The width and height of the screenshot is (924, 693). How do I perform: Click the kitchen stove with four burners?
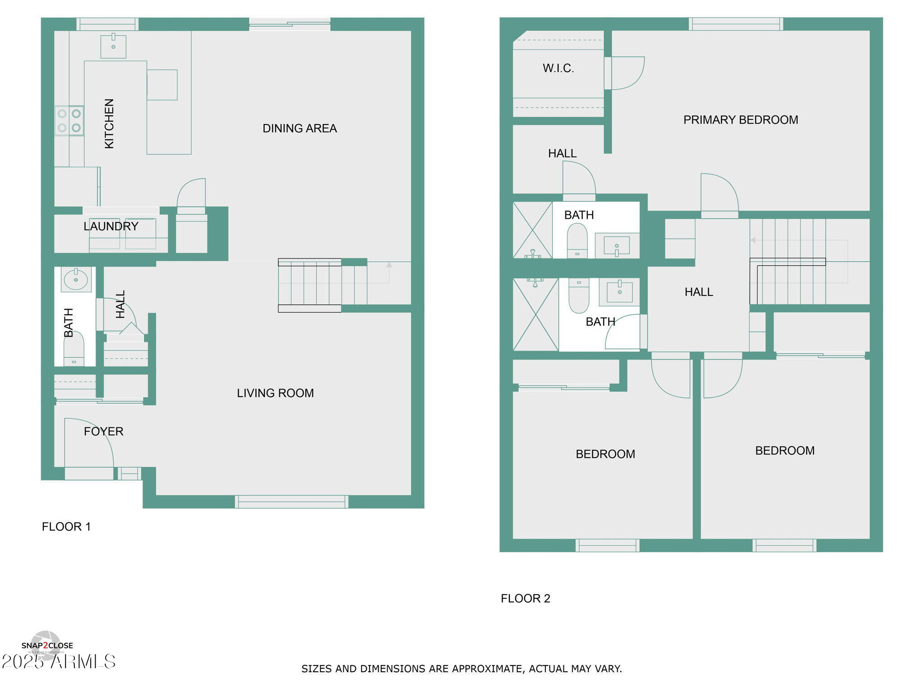[x=69, y=120]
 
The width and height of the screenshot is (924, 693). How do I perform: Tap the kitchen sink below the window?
[x=113, y=46]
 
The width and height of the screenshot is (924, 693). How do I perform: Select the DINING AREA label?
[x=300, y=129]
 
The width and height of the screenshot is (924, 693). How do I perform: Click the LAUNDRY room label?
[x=111, y=226]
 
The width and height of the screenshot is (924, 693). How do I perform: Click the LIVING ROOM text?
[x=275, y=393]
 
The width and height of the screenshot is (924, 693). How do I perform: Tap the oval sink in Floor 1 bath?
[x=76, y=280]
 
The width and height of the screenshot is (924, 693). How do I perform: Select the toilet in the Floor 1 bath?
[x=74, y=348]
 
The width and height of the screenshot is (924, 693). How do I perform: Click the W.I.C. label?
[x=558, y=69]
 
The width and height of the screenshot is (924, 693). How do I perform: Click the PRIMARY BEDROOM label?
[x=740, y=120]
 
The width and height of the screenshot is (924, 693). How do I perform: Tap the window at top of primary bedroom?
[x=735, y=24]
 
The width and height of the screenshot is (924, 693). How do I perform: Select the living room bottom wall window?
[x=291, y=501]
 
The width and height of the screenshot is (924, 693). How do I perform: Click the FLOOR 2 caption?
[x=525, y=598]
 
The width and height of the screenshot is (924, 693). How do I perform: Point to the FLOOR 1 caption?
[x=66, y=527]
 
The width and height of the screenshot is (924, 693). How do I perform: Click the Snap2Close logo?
[x=46, y=646]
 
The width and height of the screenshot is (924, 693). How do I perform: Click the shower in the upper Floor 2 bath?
[x=532, y=230]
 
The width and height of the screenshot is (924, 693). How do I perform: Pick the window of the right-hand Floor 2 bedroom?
[x=784, y=545]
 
